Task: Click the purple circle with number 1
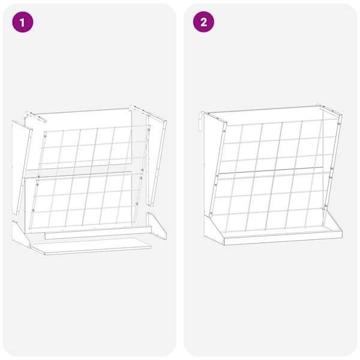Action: (x=23, y=22)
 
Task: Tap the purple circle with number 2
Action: (x=203, y=22)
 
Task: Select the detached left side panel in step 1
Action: (x=21, y=167)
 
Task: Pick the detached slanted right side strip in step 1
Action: (x=157, y=160)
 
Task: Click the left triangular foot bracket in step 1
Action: (x=20, y=233)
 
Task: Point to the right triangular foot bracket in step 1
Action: (x=157, y=226)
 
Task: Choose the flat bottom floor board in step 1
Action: (x=91, y=246)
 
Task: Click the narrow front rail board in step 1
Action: (x=98, y=233)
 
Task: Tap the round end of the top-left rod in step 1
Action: (x=45, y=121)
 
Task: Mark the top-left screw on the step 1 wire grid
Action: (x=45, y=136)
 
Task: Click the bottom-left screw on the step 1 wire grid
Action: (x=33, y=211)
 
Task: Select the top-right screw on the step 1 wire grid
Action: (x=149, y=130)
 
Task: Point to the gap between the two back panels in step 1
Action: (x=78, y=168)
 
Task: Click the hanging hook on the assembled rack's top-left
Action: (x=201, y=122)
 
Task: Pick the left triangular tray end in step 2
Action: (x=213, y=230)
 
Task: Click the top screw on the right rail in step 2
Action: (x=339, y=124)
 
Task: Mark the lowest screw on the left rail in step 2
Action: (x=211, y=214)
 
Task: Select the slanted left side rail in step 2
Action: (x=217, y=169)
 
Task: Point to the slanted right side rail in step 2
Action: (x=333, y=162)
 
